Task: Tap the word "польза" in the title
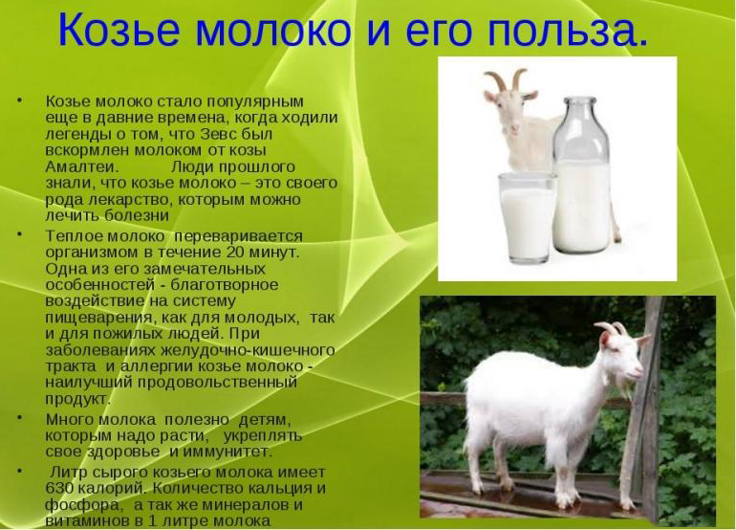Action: tap(568, 31)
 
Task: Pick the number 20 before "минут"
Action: tap(229, 252)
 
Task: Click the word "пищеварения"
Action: tap(94, 318)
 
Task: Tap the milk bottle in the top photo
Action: tap(582, 182)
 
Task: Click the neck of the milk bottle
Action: tap(583, 113)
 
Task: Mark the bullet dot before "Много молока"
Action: tap(19, 419)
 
